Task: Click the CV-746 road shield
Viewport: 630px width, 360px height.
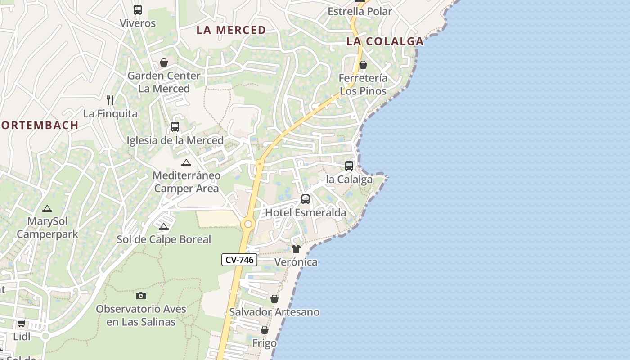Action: point(239,260)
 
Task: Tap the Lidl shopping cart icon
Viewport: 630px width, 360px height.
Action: point(21,323)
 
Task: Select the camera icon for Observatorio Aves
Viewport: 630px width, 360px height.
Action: point(141,296)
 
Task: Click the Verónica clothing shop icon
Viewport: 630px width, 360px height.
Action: point(296,249)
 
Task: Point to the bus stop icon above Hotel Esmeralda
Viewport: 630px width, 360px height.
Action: point(306,199)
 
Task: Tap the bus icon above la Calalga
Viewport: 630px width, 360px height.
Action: point(349,166)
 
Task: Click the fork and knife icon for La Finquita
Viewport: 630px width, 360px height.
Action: point(110,100)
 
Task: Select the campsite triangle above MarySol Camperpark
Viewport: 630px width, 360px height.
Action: point(47,208)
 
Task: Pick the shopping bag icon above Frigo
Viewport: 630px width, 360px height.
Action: point(265,330)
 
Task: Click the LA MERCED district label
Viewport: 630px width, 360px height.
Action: point(231,30)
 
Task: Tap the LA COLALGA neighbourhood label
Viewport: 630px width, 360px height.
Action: point(385,41)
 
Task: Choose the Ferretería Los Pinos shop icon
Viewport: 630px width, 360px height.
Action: point(363,65)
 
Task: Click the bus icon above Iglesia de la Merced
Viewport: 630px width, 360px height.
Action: point(175,127)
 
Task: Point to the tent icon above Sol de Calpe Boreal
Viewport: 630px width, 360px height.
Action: point(164,226)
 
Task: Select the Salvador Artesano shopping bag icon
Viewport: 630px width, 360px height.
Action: point(274,299)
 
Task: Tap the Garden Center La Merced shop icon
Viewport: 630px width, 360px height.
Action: point(164,63)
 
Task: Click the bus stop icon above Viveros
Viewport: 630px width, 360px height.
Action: point(138,9)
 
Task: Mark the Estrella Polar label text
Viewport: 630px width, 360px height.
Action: point(360,11)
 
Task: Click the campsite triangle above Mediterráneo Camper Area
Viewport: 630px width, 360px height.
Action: point(186,162)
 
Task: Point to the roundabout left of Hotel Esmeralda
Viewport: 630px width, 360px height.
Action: point(247,224)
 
